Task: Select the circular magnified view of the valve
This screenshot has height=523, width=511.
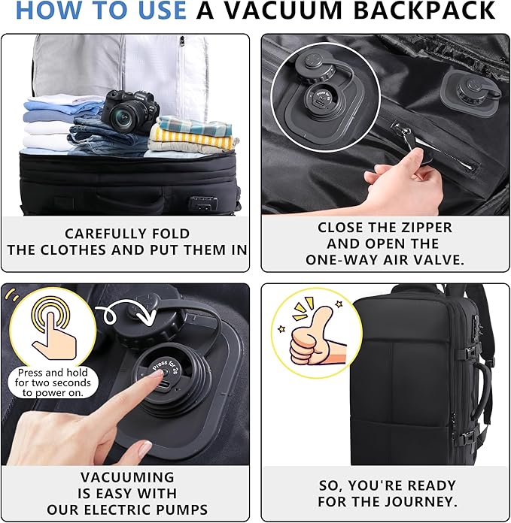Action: pyautogui.click(x=316, y=98)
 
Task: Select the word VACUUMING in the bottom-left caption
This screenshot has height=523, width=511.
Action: pyautogui.click(x=126, y=477)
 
